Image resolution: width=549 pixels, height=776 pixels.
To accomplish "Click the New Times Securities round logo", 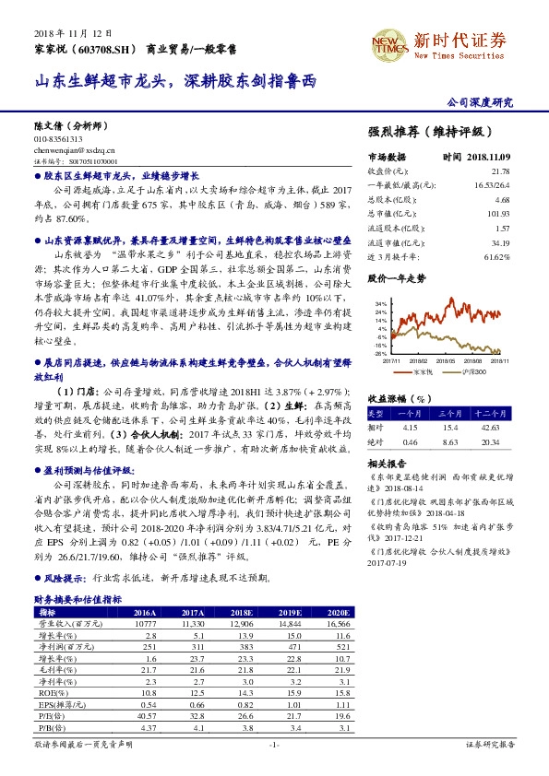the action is pyautogui.click(x=386, y=40).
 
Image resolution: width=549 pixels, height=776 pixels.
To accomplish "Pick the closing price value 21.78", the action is pyautogui.click(x=500, y=170).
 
